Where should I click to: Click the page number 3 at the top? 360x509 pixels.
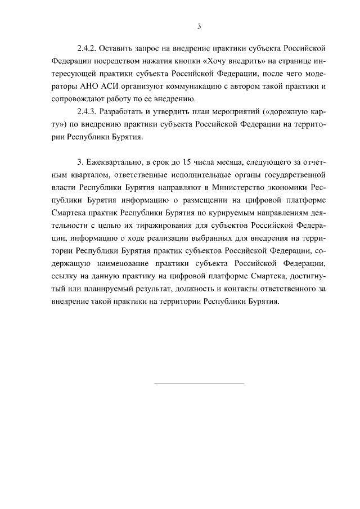(199, 26)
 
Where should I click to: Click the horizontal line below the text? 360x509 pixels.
(199, 383)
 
